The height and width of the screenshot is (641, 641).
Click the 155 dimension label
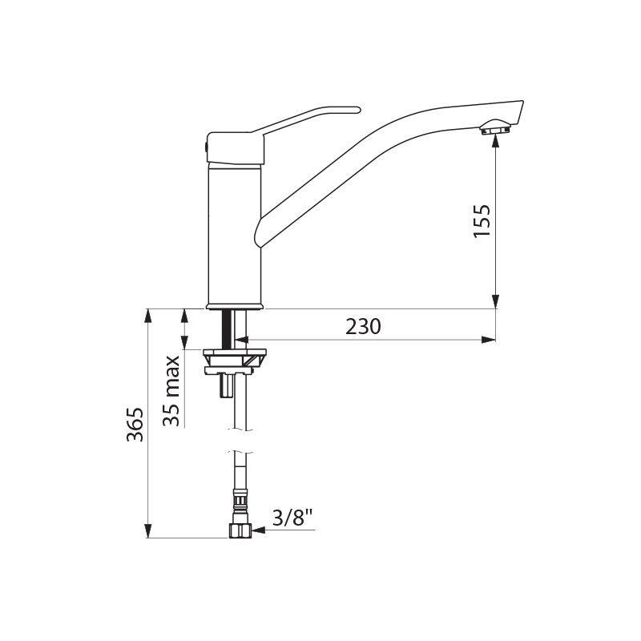(482, 221)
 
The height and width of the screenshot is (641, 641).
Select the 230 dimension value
(363, 326)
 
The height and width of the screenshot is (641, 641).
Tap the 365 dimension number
(135, 425)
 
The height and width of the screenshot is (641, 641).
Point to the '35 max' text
(171, 391)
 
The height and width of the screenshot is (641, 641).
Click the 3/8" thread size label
(292, 518)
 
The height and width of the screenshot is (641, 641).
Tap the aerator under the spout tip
(495, 127)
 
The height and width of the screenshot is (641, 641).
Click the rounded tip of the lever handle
(357, 110)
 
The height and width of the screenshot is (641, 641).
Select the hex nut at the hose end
(240, 530)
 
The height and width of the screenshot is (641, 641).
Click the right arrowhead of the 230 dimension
(489, 339)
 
